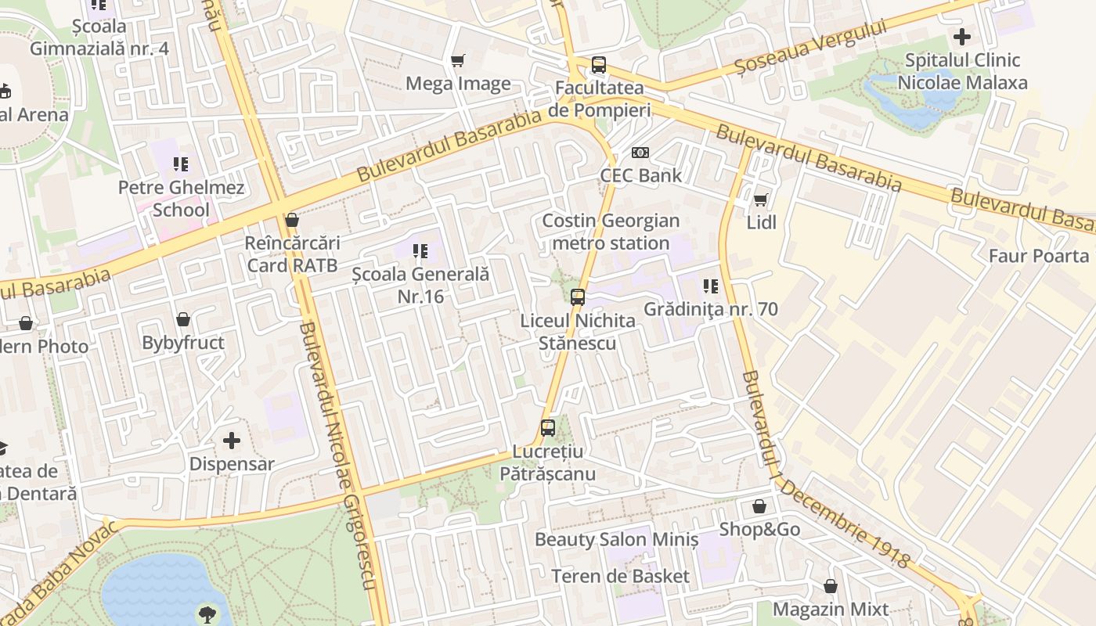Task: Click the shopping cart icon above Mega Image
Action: click(x=458, y=60)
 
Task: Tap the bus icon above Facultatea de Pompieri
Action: click(x=599, y=65)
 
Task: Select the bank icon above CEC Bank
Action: click(x=640, y=153)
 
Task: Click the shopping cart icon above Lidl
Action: click(x=760, y=200)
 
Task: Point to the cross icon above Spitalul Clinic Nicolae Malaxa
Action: click(x=962, y=37)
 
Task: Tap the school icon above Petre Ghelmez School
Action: click(x=181, y=164)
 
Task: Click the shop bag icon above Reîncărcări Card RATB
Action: click(x=292, y=220)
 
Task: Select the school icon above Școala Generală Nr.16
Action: click(x=420, y=251)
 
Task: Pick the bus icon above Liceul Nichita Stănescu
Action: click(x=578, y=297)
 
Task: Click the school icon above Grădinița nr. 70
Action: click(x=711, y=286)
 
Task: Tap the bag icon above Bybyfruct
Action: click(x=183, y=319)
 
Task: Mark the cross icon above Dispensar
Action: click(x=232, y=441)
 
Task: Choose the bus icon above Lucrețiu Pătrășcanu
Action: click(x=548, y=428)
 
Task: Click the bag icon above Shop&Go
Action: click(x=759, y=506)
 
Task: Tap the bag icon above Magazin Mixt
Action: click(x=831, y=586)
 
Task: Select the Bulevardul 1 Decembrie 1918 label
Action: click(x=825, y=469)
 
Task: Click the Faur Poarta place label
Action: click(x=1038, y=256)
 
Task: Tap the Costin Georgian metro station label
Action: click(x=611, y=232)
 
